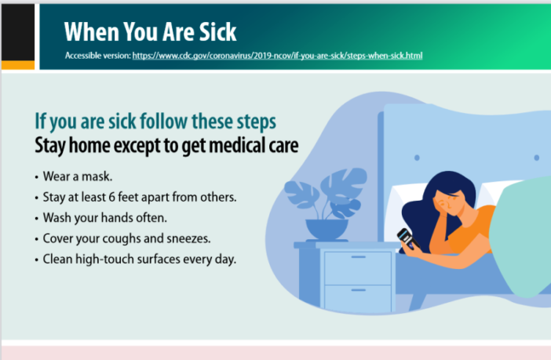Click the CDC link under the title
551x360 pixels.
279,56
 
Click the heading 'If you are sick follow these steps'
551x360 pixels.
155,123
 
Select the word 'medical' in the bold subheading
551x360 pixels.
227,145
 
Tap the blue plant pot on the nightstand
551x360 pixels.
325,229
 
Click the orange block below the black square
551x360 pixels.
17,65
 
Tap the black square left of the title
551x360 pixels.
17,31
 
